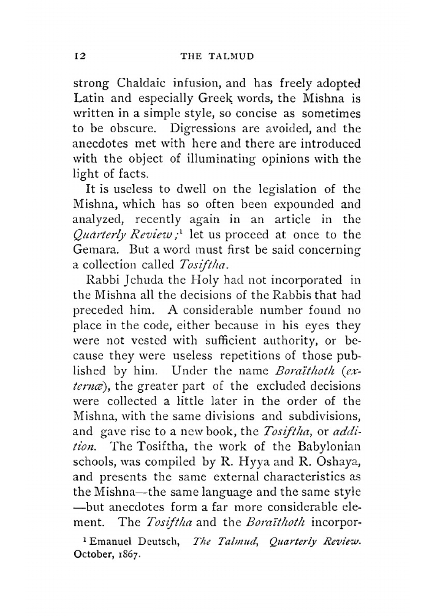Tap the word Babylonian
(x=329, y=447)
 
